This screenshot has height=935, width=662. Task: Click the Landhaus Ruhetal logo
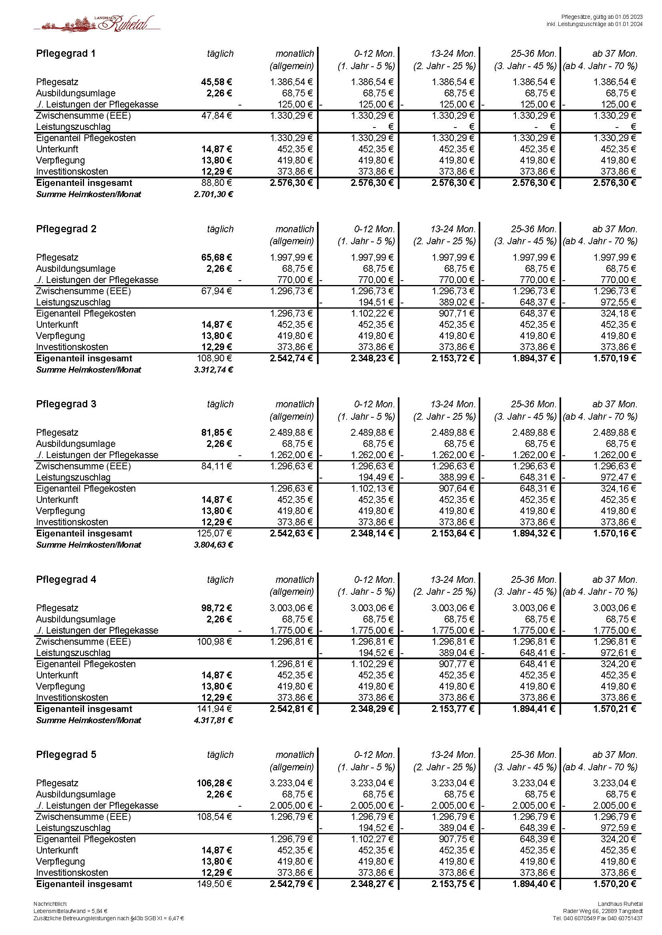tap(97, 24)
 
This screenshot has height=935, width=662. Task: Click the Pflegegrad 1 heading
tap(66, 54)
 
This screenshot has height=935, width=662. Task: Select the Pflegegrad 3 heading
tap(66, 404)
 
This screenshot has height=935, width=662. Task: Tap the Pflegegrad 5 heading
tap(66, 755)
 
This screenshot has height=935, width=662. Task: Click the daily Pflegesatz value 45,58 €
tap(216, 82)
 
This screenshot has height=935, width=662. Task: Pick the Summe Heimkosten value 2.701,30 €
tap(213, 194)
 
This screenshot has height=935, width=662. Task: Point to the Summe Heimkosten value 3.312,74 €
tap(213, 370)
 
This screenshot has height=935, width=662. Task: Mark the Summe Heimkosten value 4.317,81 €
tap(213, 720)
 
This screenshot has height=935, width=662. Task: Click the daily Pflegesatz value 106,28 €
tap(214, 783)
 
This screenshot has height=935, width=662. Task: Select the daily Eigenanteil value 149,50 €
tap(215, 884)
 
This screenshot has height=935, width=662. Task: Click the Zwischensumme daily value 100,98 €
tap(215, 642)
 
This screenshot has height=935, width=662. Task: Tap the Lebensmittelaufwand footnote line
tap(70, 911)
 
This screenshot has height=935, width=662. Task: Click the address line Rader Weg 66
tap(602, 911)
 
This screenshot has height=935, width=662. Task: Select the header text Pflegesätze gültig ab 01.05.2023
tap(602, 17)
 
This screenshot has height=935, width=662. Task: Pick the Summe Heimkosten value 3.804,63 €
tap(213, 545)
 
